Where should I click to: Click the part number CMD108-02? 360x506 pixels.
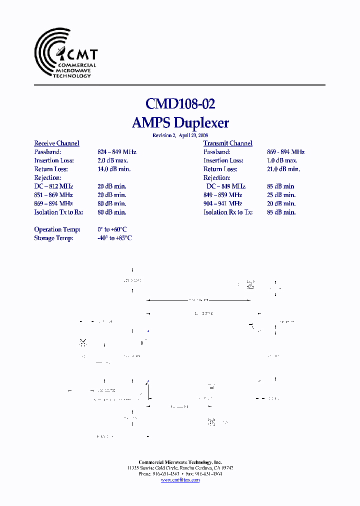click(180, 103)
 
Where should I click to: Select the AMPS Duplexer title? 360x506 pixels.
click(180, 122)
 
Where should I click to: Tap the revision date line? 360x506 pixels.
click(180, 135)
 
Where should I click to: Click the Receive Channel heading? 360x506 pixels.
click(56, 143)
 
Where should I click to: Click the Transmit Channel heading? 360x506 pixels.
click(227, 143)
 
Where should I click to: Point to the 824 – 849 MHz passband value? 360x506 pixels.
click(116, 152)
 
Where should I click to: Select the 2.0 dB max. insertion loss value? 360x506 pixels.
click(112, 160)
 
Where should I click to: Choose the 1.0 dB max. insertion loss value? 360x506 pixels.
click(282, 160)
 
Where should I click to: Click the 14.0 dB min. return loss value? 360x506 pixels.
click(114, 169)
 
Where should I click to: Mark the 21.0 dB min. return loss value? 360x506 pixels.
click(283, 169)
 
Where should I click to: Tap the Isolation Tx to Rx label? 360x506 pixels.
click(58, 212)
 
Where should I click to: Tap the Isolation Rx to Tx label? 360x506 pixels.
click(228, 212)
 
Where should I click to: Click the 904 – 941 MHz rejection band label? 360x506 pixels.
click(222, 203)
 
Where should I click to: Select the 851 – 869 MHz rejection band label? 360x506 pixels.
click(53, 195)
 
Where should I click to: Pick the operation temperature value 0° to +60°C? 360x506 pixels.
click(114, 229)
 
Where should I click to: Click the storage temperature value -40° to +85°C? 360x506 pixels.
click(114, 238)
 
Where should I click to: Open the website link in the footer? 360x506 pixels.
click(180, 480)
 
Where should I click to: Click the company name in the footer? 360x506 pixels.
click(180, 462)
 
